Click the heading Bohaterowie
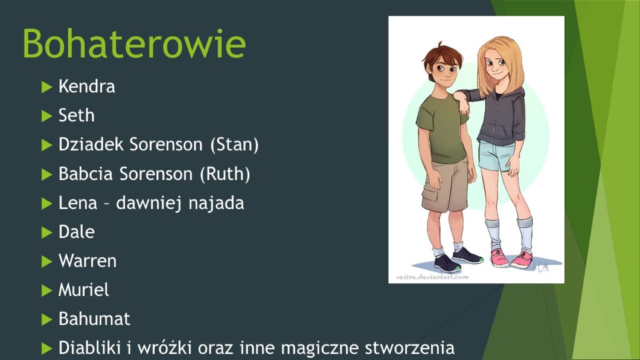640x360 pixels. pos(134,43)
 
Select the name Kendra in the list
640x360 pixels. pos(86,86)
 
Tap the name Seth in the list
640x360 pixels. pos(76,115)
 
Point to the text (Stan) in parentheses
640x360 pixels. pos(234,145)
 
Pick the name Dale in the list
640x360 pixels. pos(76,232)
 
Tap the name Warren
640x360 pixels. pos(88,261)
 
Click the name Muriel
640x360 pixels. pos(84,290)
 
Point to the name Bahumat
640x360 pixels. pos(94,319)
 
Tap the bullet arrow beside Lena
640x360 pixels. pos(47,204)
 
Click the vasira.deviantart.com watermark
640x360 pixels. pos(432,277)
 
